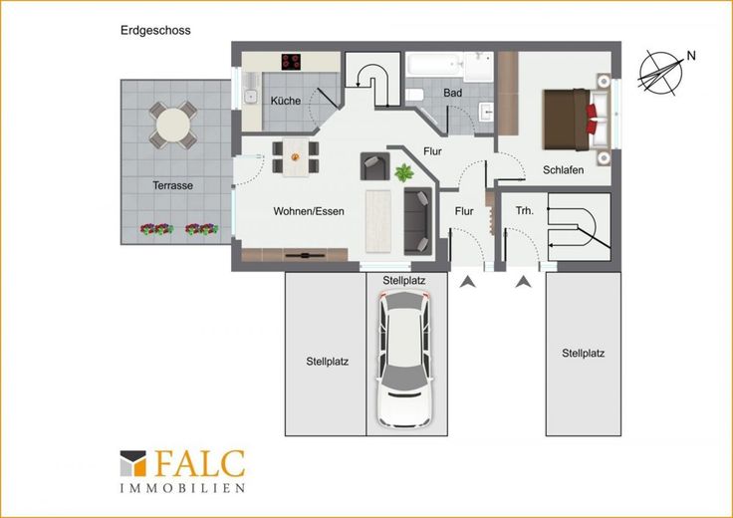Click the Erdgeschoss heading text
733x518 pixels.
(155, 31)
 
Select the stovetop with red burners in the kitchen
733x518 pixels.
(291, 62)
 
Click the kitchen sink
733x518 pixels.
(251, 97)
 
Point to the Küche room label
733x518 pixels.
(285, 101)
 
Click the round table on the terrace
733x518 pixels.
(173, 125)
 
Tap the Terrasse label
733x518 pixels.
(172, 185)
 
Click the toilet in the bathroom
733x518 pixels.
(414, 95)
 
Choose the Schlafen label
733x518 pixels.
(563, 170)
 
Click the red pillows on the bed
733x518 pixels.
(592, 120)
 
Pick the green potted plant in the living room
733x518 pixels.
(404, 172)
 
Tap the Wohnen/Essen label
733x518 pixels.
(309, 211)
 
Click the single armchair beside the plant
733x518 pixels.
(374, 166)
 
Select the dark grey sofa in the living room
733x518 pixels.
(418, 221)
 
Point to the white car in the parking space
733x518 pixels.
(404, 359)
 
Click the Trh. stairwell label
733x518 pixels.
(525, 211)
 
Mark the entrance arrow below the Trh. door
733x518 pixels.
(524, 282)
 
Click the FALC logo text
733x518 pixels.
(199, 464)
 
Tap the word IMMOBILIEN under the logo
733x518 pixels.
(182, 488)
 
